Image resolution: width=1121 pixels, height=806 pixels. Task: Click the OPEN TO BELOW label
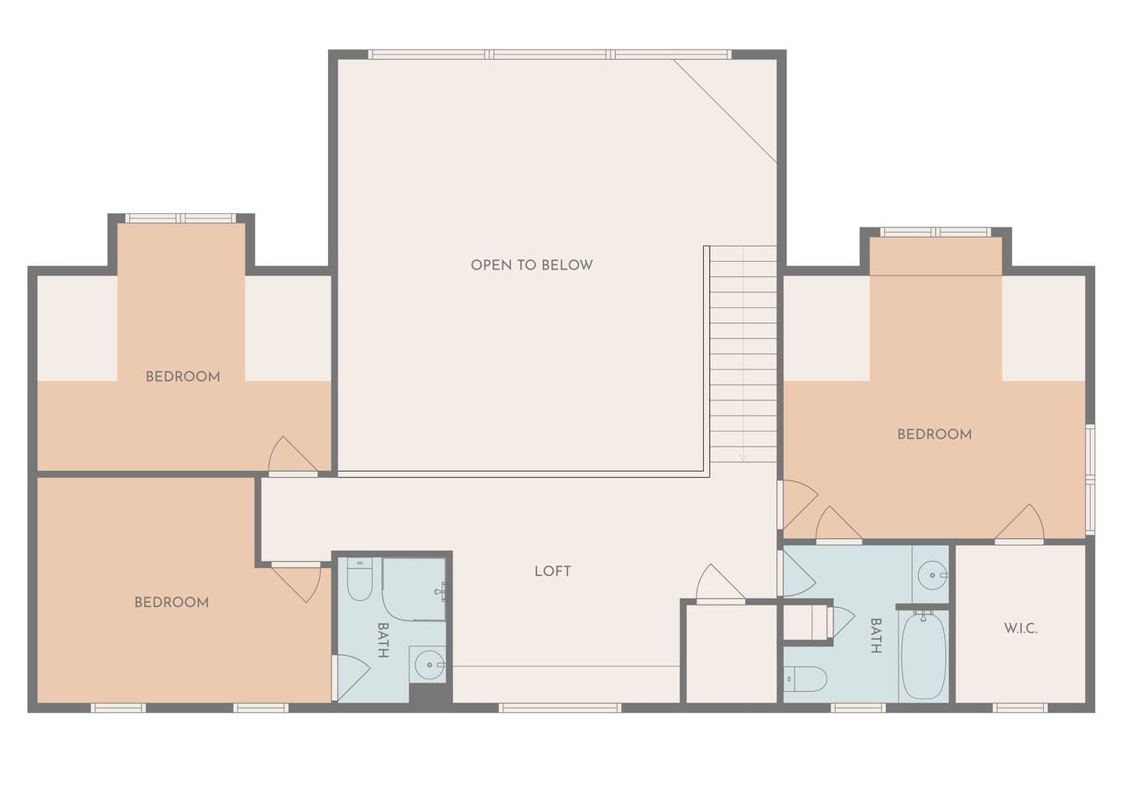[531, 264]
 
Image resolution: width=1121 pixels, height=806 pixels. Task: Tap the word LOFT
[552, 571]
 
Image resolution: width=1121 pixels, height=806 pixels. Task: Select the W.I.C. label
[1021, 628]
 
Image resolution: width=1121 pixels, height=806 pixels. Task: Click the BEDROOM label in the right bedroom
[935, 434]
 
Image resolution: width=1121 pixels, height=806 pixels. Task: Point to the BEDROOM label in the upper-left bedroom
[183, 376]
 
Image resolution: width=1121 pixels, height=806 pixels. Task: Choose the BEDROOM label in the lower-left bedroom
[172, 602]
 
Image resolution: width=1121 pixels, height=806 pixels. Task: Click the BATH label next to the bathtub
[876, 636]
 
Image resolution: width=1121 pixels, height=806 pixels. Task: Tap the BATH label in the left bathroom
[383, 641]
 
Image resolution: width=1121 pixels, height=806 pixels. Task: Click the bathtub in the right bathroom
[924, 655]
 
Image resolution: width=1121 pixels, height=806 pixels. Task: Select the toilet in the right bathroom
[805, 679]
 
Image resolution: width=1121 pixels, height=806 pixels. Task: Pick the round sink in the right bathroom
[932, 575]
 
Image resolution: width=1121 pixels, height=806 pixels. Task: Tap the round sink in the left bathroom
[430, 665]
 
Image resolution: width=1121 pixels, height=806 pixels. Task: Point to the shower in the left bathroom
[414, 589]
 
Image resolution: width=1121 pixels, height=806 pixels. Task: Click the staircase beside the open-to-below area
[743, 354]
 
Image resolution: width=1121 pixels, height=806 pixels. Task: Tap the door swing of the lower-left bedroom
[296, 582]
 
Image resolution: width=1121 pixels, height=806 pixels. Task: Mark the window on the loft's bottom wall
[560, 708]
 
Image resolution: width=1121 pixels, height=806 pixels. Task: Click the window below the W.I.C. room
[1020, 708]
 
